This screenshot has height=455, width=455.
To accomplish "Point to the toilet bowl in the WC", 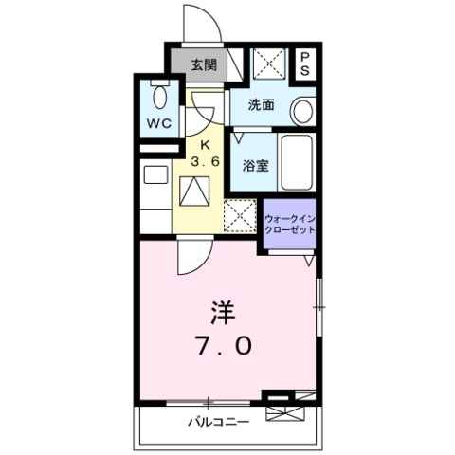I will (158, 96).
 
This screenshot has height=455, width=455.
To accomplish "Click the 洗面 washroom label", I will (262, 105).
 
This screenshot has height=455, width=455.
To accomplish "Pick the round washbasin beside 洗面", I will (303, 111).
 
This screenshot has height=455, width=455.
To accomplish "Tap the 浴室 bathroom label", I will (255, 164).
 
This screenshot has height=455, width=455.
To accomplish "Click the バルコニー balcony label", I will (218, 420).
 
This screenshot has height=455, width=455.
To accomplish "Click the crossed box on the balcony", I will (282, 408).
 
